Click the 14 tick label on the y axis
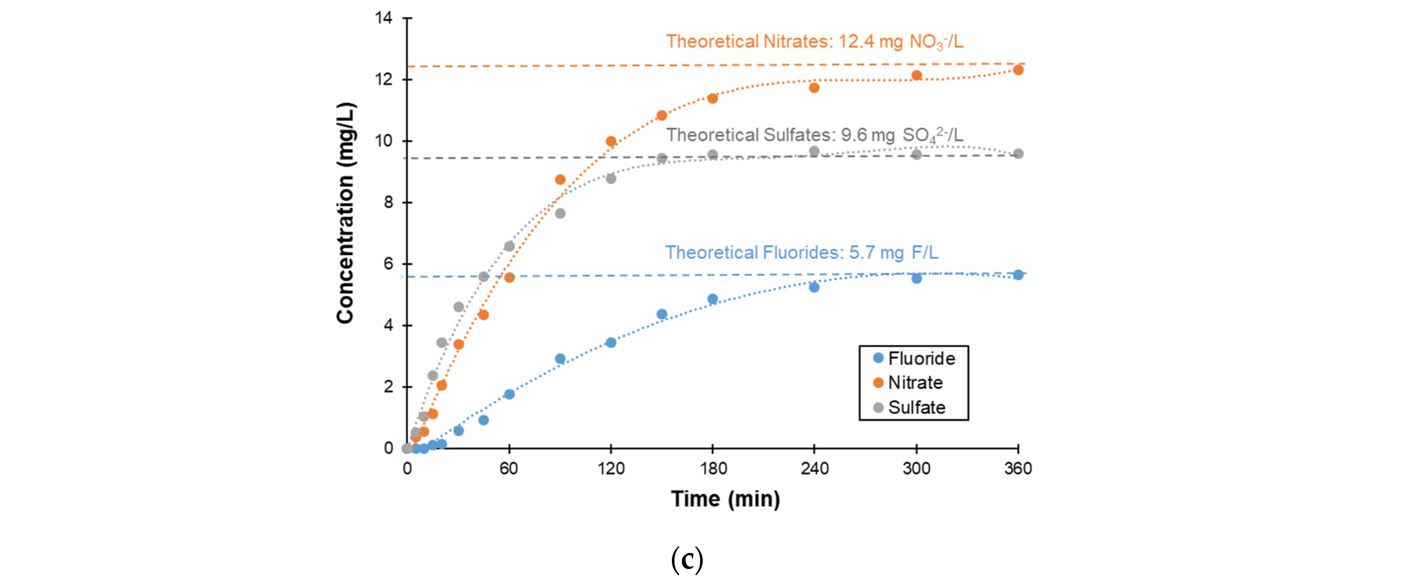[x=384, y=18]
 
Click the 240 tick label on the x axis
[x=814, y=468]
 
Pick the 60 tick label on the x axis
[x=509, y=468]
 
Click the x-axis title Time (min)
[x=725, y=499]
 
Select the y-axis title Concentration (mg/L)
[x=345, y=213]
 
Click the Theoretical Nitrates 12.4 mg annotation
[x=814, y=42]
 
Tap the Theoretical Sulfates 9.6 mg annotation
[x=814, y=135]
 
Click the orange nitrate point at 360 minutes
[x=1018, y=70]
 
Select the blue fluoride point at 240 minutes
[x=814, y=287]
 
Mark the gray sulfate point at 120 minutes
[x=611, y=178]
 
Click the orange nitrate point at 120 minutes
[x=611, y=141]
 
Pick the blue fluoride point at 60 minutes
[x=509, y=394]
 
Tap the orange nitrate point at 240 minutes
[x=814, y=88]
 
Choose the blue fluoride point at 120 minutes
[x=611, y=343]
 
